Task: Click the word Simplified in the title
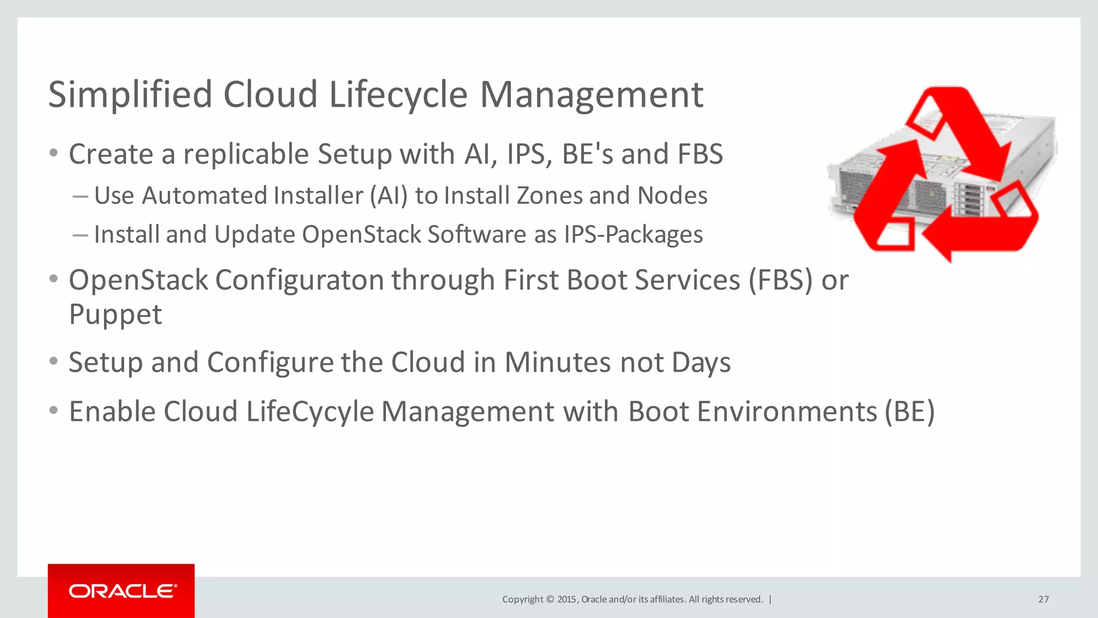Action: click(x=130, y=95)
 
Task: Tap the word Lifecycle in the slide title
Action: click(x=398, y=95)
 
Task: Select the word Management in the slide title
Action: click(x=591, y=95)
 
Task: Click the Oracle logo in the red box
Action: click(x=122, y=591)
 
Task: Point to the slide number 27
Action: click(x=1043, y=599)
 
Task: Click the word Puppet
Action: click(x=115, y=315)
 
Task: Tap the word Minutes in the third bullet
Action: click(x=558, y=362)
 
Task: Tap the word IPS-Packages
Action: click(x=633, y=234)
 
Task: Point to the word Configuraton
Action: click(x=299, y=280)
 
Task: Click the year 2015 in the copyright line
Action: click(x=567, y=599)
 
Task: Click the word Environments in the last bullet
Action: click(x=752, y=411)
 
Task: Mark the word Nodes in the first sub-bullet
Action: click(x=672, y=195)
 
